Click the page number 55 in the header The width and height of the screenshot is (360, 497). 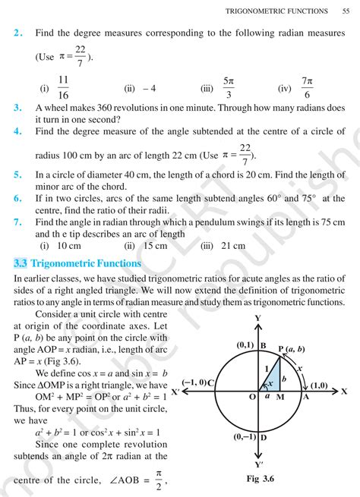[x=346, y=11]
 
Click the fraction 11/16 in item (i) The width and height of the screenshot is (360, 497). [x=63, y=87]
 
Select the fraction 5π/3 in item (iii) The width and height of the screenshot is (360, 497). [x=229, y=87]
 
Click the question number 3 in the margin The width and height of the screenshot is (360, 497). [x=17, y=108]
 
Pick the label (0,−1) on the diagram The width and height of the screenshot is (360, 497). [x=245, y=436]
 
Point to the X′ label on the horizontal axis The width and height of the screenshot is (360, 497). [x=176, y=392]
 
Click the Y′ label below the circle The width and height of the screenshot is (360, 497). [x=259, y=464]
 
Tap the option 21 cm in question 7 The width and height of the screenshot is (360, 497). [x=229, y=246]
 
